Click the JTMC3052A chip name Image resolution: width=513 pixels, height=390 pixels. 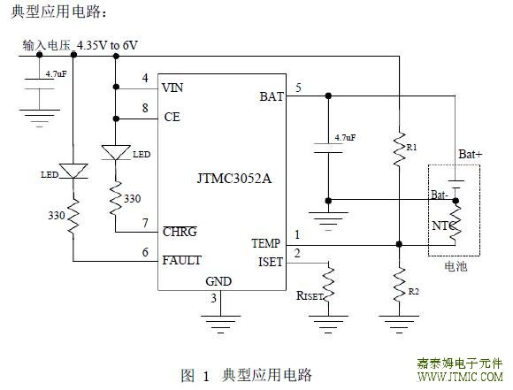pyautogui.click(x=234, y=179)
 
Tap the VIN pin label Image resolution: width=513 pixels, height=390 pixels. pyautogui.click(x=172, y=88)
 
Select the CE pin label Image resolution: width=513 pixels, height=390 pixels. pyautogui.click(x=172, y=117)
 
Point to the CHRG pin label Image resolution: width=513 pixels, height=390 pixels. pyautogui.click(x=180, y=232)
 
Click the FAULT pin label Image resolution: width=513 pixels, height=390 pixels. pyautogui.click(x=182, y=260)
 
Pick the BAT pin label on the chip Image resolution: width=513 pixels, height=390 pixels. pyautogui.click(x=272, y=96)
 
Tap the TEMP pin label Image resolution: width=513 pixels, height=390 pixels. pyautogui.click(x=266, y=243)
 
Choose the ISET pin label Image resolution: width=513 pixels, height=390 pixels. pyautogui.click(x=271, y=262)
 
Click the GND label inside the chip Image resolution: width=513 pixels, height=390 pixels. pyautogui.click(x=218, y=281)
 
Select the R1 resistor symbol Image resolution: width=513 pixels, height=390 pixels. pyautogui.click(x=399, y=149)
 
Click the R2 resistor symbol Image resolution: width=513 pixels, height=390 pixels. pyautogui.click(x=399, y=286)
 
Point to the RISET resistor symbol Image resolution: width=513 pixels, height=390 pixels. pyautogui.click(x=328, y=284)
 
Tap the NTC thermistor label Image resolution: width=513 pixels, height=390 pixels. pyautogui.click(x=443, y=226)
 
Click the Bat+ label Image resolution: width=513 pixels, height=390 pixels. pyautogui.click(x=471, y=154)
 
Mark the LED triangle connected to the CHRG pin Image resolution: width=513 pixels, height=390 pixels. pyautogui.click(x=116, y=152)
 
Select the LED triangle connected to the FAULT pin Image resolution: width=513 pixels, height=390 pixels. pyautogui.click(x=73, y=171)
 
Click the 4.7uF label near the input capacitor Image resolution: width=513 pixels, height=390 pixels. pyautogui.click(x=56, y=74)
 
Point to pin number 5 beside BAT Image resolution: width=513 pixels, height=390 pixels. pyautogui.click(x=298, y=88)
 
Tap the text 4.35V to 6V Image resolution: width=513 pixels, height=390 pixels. pyautogui.click(x=107, y=45)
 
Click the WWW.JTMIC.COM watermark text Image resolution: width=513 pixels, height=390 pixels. pyautogui.click(x=460, y=377)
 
